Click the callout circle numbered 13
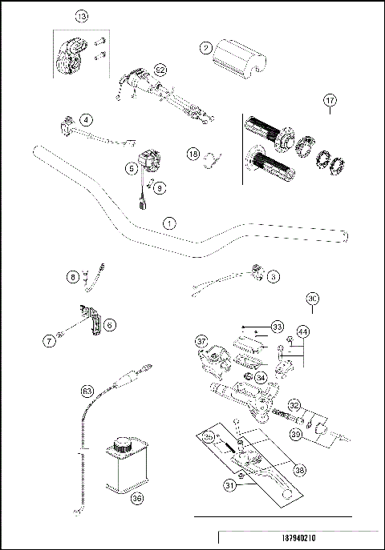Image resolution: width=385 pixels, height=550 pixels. pos(80,16)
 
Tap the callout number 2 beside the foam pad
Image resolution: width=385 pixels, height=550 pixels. pos(207,48)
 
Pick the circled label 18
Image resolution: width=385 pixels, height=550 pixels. pos(192,153)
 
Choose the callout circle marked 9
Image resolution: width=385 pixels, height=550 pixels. pos(160,188)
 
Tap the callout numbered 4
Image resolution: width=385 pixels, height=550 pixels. pos(85,119)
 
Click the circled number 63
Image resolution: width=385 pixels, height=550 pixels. pos(87,391)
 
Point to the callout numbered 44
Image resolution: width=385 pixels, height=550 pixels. pos(302,331)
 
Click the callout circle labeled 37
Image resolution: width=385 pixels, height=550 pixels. pos(202,340)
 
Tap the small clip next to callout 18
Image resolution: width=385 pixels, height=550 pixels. pos(213,160)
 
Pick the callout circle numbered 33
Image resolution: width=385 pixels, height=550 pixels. pos(277,327)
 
